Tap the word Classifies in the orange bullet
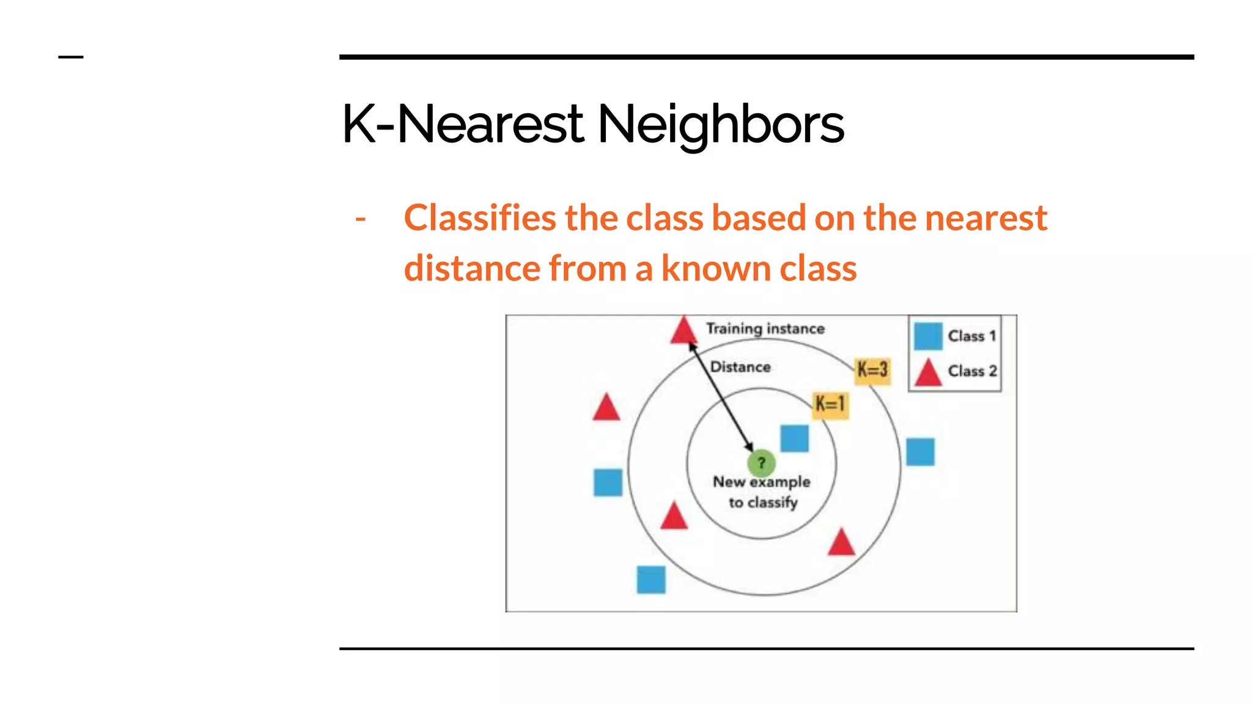coord(480,218)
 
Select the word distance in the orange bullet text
coord(472,269)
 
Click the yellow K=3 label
coord(872,370)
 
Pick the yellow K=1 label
coord(830,404)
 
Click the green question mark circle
coord(761,463)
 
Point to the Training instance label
coord(765,329)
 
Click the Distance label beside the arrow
coord(740,367)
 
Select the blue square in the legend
coord(928,336)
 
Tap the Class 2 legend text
coord(972,371)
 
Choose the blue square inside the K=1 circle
coord(794,438)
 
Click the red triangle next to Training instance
coord(683,331)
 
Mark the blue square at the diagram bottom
coord(651,579)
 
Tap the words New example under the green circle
coord(761,482)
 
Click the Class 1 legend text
coord(972,336)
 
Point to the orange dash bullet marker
coord(361,219)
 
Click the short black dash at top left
coord(70,57)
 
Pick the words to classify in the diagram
coord(763,502)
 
